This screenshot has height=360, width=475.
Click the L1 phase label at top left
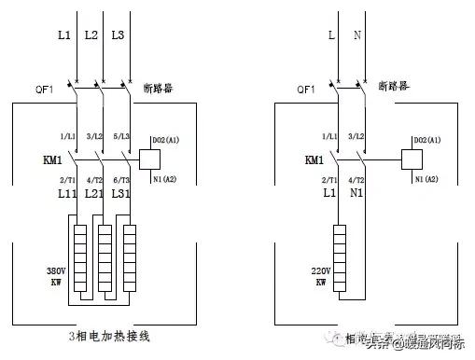click(x=63, y=35)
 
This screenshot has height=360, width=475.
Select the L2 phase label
click(x=91, y=35)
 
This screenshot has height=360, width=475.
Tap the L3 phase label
click(x=119, y=35)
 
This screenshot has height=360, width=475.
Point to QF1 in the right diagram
click(x=305, y=90)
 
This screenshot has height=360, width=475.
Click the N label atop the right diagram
click(x=358, y=35)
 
